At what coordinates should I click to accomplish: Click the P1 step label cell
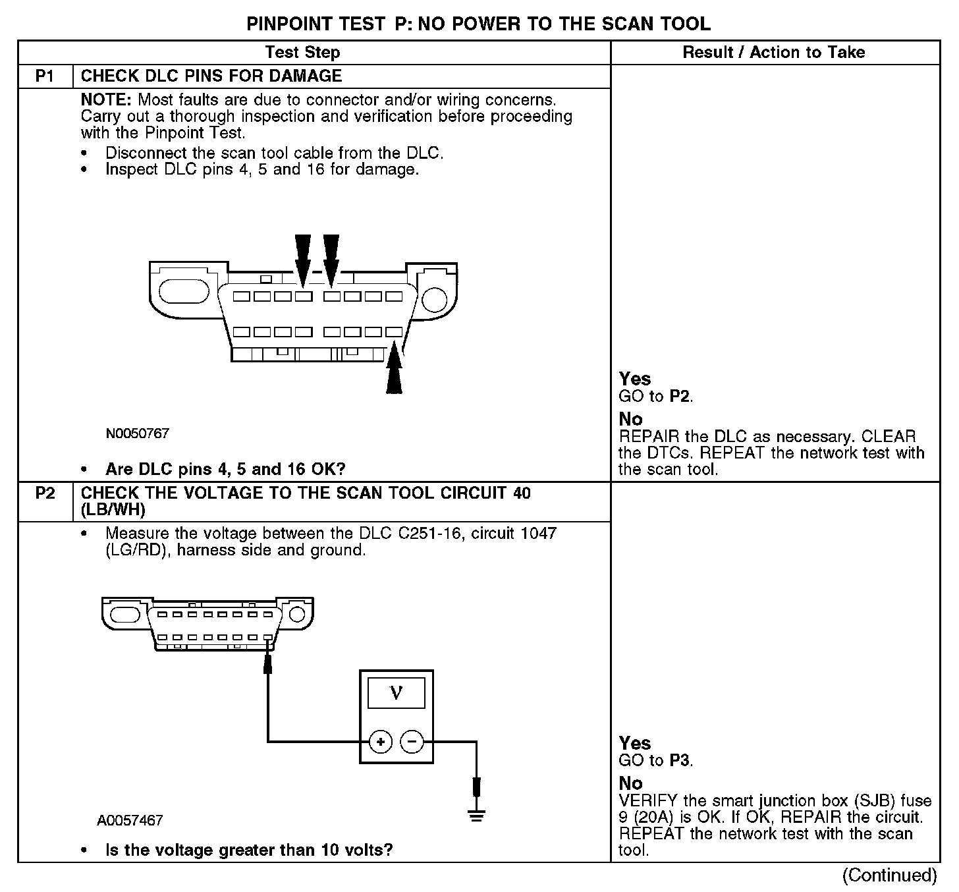pos(45,76)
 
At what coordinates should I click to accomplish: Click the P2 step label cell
pos(45,493)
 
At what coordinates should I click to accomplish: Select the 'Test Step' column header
pos(302,53)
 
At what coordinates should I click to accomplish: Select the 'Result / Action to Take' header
pos(774,53)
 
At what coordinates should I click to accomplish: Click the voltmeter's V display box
pos(396,693)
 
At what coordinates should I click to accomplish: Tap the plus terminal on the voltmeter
pos(380,742)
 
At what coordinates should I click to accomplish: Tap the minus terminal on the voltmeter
pos(412,742)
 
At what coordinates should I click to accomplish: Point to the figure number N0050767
pos(138,434)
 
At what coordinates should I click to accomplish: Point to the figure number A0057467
pos(130,821)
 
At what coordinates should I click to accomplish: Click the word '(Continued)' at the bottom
pos(889,876)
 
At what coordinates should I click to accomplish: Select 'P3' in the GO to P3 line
pos(680,761)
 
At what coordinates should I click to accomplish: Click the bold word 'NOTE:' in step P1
pos(107,100)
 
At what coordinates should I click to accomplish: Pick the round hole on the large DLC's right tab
pos(434,299)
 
